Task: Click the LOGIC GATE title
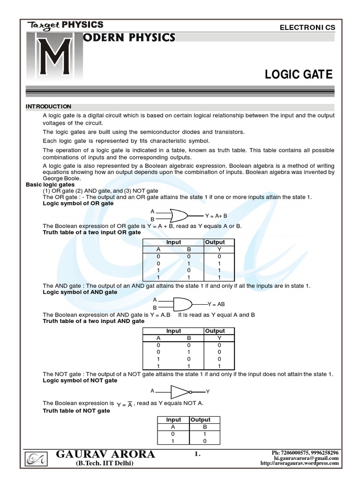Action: [x=299, y=75]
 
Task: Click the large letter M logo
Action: [x=49, y=58]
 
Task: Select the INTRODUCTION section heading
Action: [x=49, y=106]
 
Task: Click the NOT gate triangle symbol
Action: [x=180, y=391]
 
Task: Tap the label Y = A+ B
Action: [x=216, y=216]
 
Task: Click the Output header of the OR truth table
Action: [x=215, y=242]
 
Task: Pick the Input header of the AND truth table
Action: [x=174, y=331]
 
